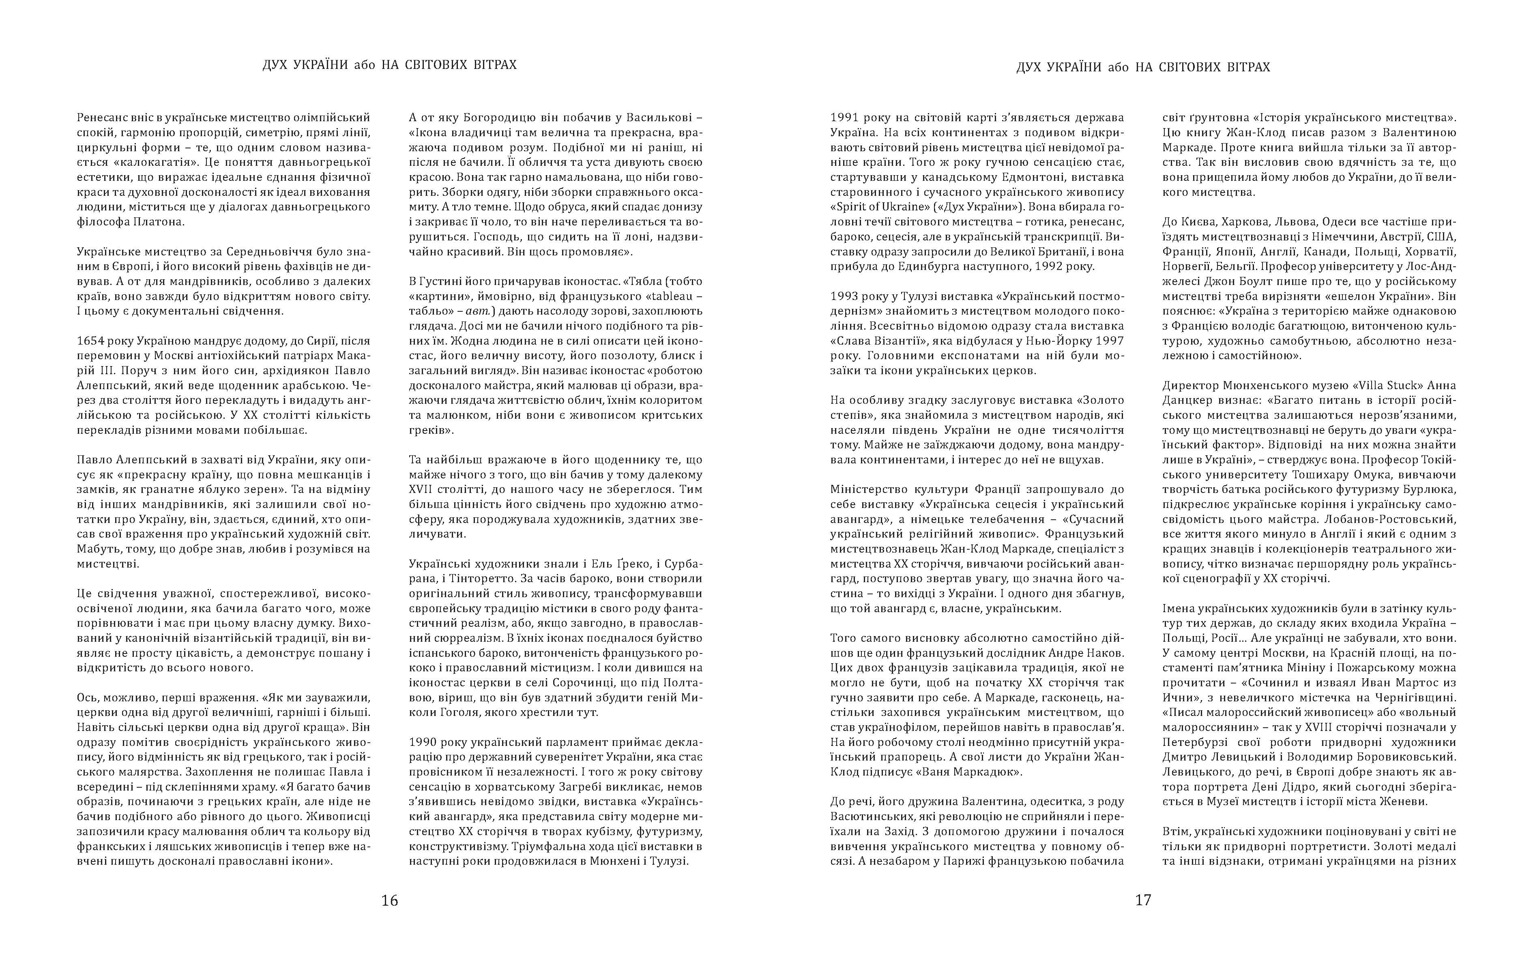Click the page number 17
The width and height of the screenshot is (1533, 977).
[x=1143, y=901]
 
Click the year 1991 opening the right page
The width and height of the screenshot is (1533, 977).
[x=844, y=118]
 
